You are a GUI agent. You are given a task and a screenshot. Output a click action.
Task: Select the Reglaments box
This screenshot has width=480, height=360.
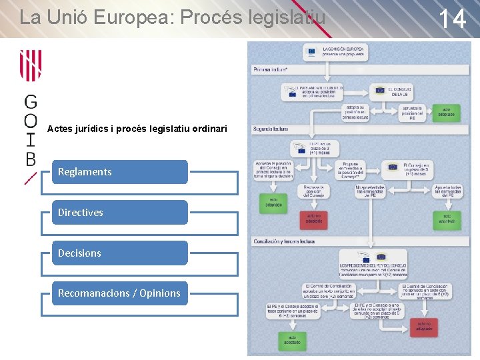click(120, 171)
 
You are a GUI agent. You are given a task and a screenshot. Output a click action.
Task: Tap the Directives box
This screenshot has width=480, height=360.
click(120, 212)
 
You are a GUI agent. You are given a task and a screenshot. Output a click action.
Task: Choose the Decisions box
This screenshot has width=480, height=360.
click(120, 253)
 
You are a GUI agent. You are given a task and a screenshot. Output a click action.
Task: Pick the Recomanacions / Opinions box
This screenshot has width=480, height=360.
click(120, 293)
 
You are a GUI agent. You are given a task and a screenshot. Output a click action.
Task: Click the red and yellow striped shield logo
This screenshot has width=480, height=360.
click(31, 67)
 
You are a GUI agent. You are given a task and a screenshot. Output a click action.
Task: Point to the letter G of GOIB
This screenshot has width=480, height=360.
click(31, 102)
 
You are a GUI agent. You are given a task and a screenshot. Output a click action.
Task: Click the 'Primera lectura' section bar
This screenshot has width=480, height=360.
click(360, 69)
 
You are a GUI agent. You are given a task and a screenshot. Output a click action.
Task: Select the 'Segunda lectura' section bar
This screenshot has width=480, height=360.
click(360, 129)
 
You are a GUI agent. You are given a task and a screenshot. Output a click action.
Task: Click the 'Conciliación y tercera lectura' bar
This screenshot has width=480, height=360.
click(360, 241)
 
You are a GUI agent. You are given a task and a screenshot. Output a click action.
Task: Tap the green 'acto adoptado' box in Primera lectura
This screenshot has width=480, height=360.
click(446, 113)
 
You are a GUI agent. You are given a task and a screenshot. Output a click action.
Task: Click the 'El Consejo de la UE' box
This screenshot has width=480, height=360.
click(393, 91)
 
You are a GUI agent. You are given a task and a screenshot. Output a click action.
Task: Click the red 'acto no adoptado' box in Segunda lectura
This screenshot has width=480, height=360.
click(314, 218)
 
